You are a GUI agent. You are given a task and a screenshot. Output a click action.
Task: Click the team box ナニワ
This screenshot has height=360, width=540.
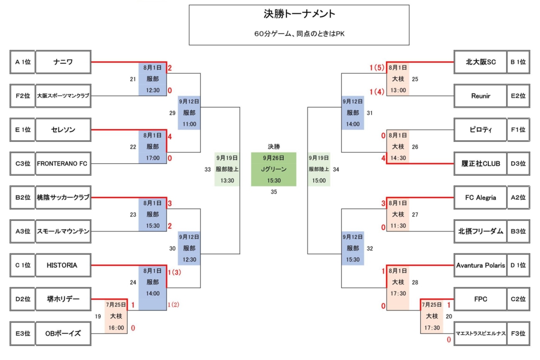(63, 62)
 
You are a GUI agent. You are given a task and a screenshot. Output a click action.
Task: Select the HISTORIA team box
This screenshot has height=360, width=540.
(63, 265)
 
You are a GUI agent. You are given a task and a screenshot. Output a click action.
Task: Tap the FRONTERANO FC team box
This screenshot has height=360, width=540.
(63, 163)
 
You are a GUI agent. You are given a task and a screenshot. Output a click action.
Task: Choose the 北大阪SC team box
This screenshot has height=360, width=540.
(480, 62)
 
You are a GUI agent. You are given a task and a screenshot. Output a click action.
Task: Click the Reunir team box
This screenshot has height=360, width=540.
(480, 96)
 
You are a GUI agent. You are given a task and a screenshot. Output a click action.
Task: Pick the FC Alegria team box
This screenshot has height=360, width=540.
(480, 198)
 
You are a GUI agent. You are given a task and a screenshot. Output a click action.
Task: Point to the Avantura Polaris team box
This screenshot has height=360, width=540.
(480, 265)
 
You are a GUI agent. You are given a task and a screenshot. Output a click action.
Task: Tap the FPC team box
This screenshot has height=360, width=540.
(480, 299)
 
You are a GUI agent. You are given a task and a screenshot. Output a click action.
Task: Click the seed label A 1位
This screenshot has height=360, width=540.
(23, 62)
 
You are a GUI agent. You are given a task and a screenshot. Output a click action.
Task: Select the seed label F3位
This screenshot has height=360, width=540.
(520, 333)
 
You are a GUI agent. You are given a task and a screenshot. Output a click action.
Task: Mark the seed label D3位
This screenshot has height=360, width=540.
(520, 163)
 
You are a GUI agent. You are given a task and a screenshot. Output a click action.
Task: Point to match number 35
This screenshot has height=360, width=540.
(273, 192)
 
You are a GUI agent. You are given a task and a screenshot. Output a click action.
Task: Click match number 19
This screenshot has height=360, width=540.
(98, 316)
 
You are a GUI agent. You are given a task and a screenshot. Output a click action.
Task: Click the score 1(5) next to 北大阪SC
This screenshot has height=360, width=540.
(377, 68)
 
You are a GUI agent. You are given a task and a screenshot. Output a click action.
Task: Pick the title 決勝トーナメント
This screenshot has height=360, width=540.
(299, 14)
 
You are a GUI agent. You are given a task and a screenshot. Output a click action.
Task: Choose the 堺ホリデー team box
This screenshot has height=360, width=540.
(63, 299)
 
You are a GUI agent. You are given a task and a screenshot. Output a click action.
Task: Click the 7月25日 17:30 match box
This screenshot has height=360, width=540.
(432, 316)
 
